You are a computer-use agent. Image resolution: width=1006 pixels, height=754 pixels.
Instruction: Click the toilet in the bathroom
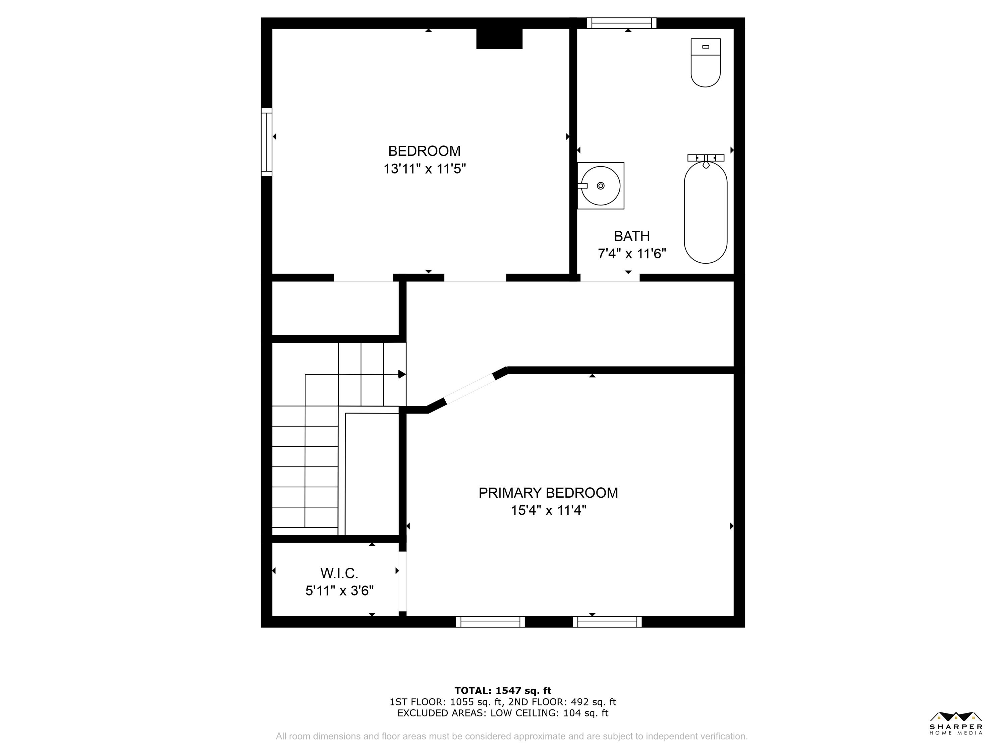706,63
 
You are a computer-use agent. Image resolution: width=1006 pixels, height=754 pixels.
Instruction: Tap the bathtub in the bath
706,212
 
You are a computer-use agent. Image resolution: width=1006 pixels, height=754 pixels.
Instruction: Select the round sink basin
601,185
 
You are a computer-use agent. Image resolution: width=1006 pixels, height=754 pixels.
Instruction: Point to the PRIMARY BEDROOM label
548,493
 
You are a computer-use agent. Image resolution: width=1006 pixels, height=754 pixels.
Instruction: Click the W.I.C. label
339,573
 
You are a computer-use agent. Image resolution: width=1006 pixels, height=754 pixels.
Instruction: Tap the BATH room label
632,236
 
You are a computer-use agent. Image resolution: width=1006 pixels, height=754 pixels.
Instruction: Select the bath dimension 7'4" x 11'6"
632,254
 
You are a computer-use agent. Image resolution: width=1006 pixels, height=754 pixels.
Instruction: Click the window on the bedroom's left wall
267,142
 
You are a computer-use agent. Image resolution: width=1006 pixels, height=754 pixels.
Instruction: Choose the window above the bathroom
621,23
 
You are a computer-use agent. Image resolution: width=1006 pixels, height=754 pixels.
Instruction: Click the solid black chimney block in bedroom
499,38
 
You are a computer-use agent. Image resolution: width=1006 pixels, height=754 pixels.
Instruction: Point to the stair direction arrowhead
402,374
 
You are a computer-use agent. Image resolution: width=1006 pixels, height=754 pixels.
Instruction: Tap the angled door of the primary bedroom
470,389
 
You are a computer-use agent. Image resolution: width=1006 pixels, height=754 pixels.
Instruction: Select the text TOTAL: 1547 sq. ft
503,691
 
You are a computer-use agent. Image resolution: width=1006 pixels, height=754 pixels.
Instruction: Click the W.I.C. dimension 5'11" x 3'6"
339,591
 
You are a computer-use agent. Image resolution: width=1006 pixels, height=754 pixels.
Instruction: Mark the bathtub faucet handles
706,158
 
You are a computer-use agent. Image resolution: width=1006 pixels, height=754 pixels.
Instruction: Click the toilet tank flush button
706,47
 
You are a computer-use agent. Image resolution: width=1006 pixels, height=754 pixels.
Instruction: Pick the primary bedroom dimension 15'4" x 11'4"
548,510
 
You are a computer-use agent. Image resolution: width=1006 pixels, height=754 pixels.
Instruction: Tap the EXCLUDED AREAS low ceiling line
503,713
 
